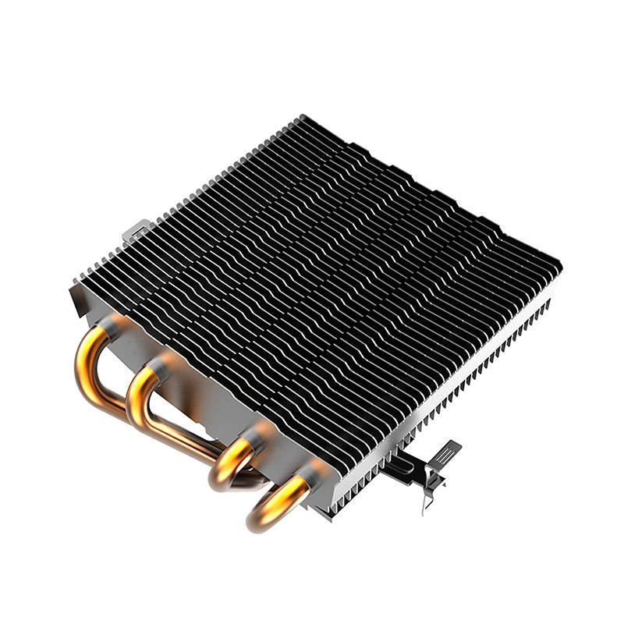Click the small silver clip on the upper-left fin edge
pos(134,230)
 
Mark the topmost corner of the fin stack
pos(300,117)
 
